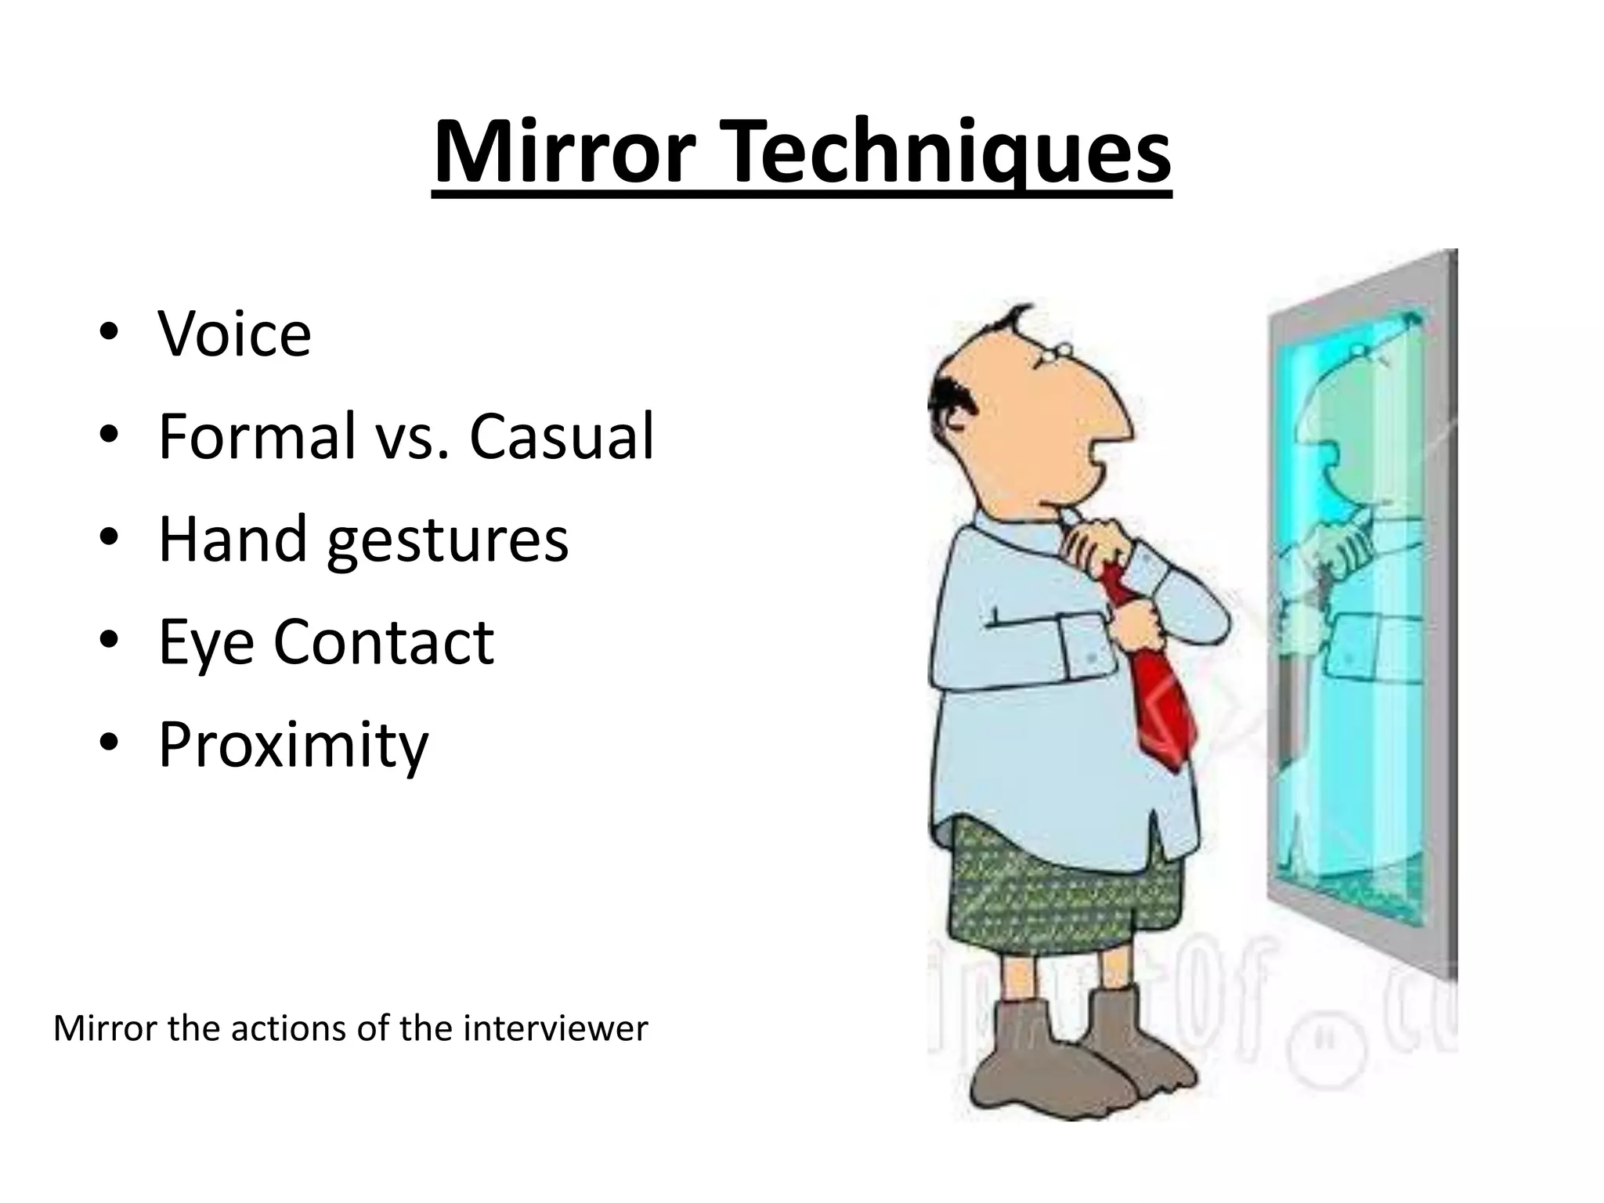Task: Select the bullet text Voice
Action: click(x=235, y=334)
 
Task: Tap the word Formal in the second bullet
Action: click(x=257, y=436)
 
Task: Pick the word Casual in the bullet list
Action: click(x=562, y=436)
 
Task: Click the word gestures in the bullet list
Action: click(x=448, y=540)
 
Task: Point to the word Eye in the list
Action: click(x=205, y=643)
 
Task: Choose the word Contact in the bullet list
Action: click(x=384, y=641)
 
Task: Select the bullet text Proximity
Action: click(x=294, y=745)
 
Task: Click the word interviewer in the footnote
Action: click(x=555, y=1028)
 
